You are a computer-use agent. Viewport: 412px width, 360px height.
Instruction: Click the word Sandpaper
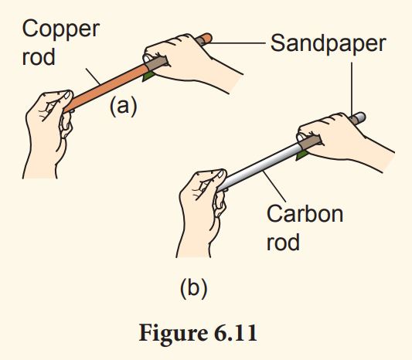(x=328, y=43)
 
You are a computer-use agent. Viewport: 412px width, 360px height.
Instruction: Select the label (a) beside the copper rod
(x=122, y=107)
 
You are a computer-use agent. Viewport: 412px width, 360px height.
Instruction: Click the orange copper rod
(x=108, y=83)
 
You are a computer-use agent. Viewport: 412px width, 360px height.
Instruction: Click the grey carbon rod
(x=255, y=167)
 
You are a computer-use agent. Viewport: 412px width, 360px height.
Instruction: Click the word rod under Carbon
(x=283, y=243)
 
